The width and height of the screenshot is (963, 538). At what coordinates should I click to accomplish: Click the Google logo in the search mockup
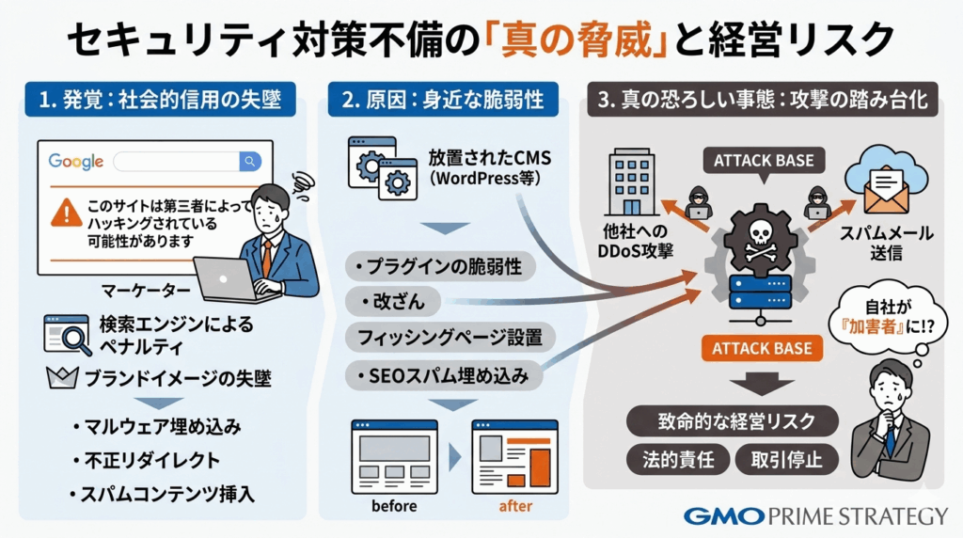pyautogui.click(x=76, y=162)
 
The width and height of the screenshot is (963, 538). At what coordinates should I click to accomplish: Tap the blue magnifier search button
pyautogui.click(x=249, y=162)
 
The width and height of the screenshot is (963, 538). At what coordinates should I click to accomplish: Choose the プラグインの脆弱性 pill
pyautogui.click(x=441, y=266)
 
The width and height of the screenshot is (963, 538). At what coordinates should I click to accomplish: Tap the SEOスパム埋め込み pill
pyautogui.click(x=441, y=375)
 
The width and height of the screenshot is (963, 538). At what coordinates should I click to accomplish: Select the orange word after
pyautogui.click(x=513, y=506)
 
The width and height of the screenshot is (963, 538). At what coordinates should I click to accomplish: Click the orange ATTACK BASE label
pyautogui.click(x=762, y=349)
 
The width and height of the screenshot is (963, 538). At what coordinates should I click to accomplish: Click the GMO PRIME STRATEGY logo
pyautogui.click(x=814, y=516)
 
